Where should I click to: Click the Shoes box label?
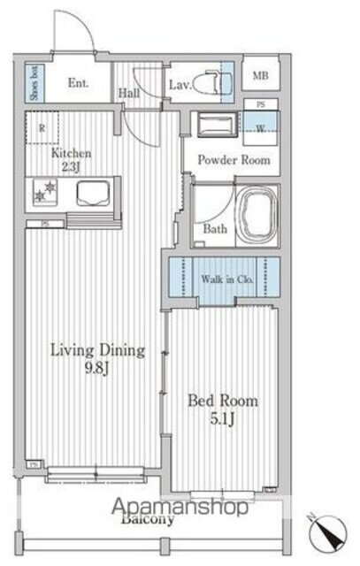point(33,85)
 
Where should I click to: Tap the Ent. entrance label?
point(78,85)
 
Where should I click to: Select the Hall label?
point(128,91)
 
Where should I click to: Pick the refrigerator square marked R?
point(42,128)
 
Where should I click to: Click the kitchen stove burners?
point(44,190)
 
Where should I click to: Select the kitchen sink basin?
point(90,190)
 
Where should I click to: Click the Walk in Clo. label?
point(228,279)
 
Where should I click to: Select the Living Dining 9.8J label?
point(96,356)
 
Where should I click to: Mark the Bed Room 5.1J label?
point(223,409)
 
